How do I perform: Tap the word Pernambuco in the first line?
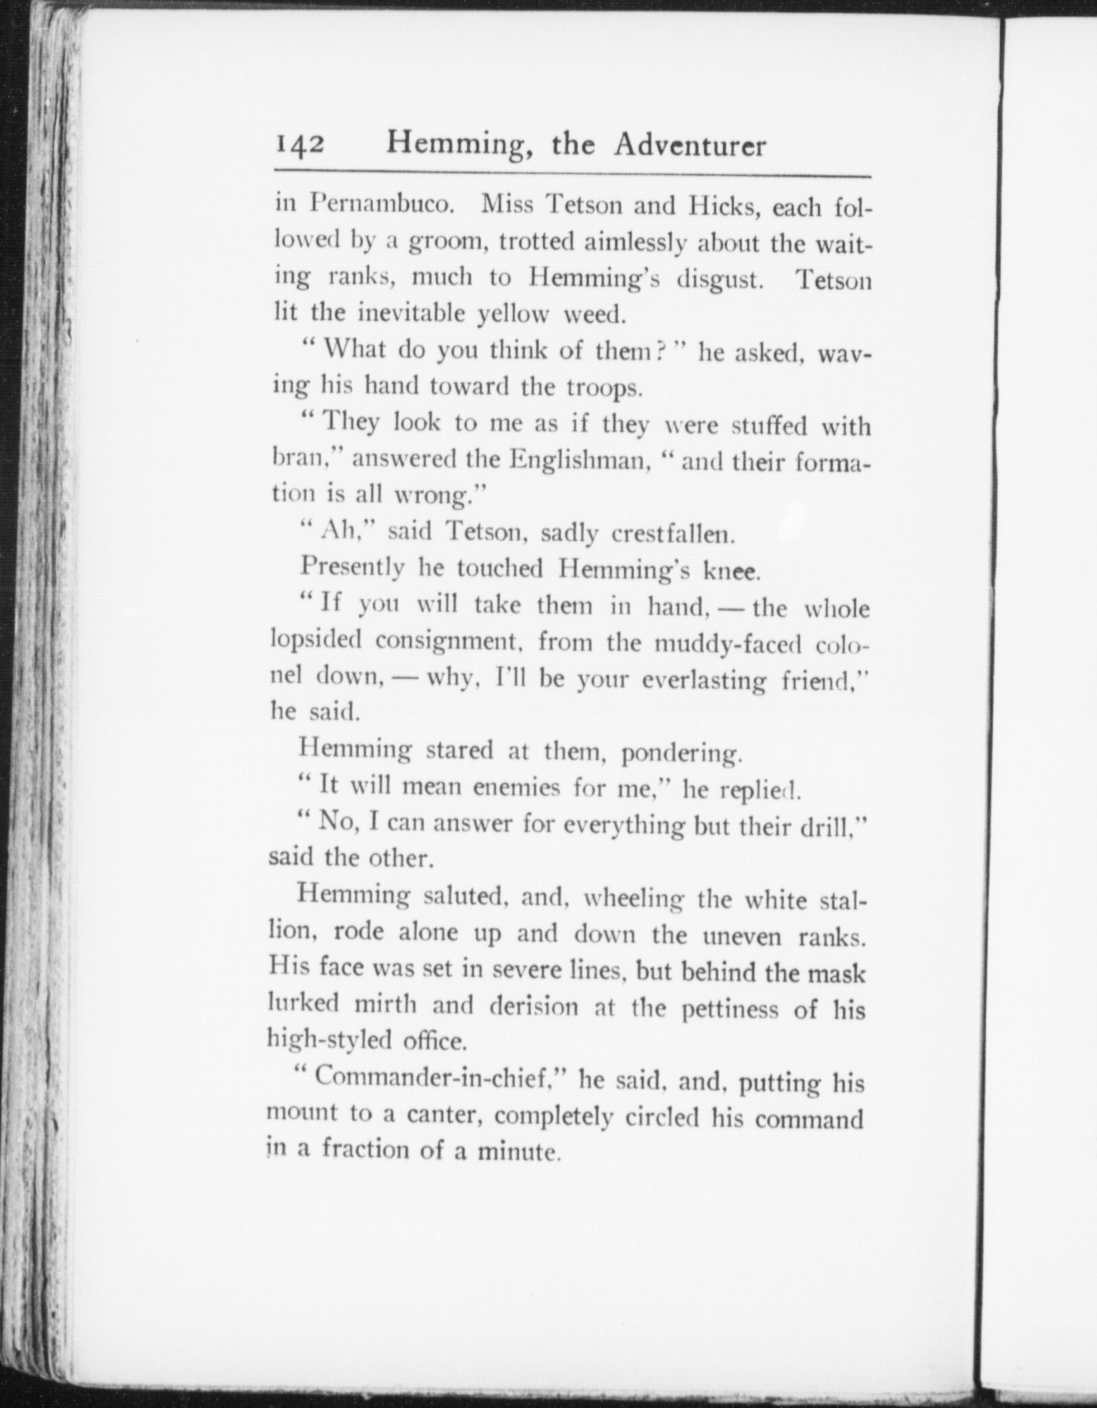382,205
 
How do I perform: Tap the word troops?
604,387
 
